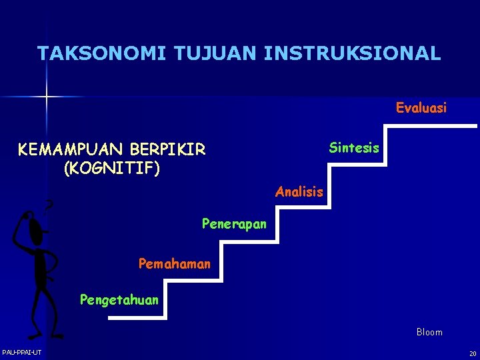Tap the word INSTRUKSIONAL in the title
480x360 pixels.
click(x=352, y=53)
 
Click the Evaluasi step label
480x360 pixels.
click(x=421, y=107)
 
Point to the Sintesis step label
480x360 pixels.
click(x=354, y=148)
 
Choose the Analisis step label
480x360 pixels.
click(x=299, y=193)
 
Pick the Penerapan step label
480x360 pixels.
click(x=234, y=224)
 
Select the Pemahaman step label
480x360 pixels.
click(x=174, y=264)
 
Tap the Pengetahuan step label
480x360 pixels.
click(x=119, y=300)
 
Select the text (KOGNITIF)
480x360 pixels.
click(x=111, y=169)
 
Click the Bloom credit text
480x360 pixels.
click(x=429, y=332)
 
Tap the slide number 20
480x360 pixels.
click(x=472, y=353)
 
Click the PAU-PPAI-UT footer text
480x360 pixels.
click(x=22, y=352)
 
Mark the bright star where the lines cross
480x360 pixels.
click(x=47, y=97)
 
